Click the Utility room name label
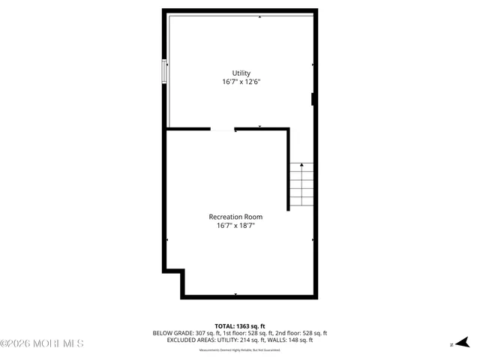pyautogui.click(x=241, y=73)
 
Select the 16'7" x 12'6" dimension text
pyautogui.click(x=241, y=82)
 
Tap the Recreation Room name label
pyautogui.click(x=235, y=217)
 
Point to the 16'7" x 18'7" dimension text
pyautogui.click(x=235, y=225)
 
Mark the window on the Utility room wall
pyautogui.click(x=163, y=72)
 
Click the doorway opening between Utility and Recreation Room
pyautogui.click(x=223, y=130)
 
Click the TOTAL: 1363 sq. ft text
pyautogui.click(x=240, y=325)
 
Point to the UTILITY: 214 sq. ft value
pyautogui.click(x=241, y=340)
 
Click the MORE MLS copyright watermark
pyautogui.click(x=42, y=343)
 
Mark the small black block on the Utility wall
pyautogui.click(x=313, y=99)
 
